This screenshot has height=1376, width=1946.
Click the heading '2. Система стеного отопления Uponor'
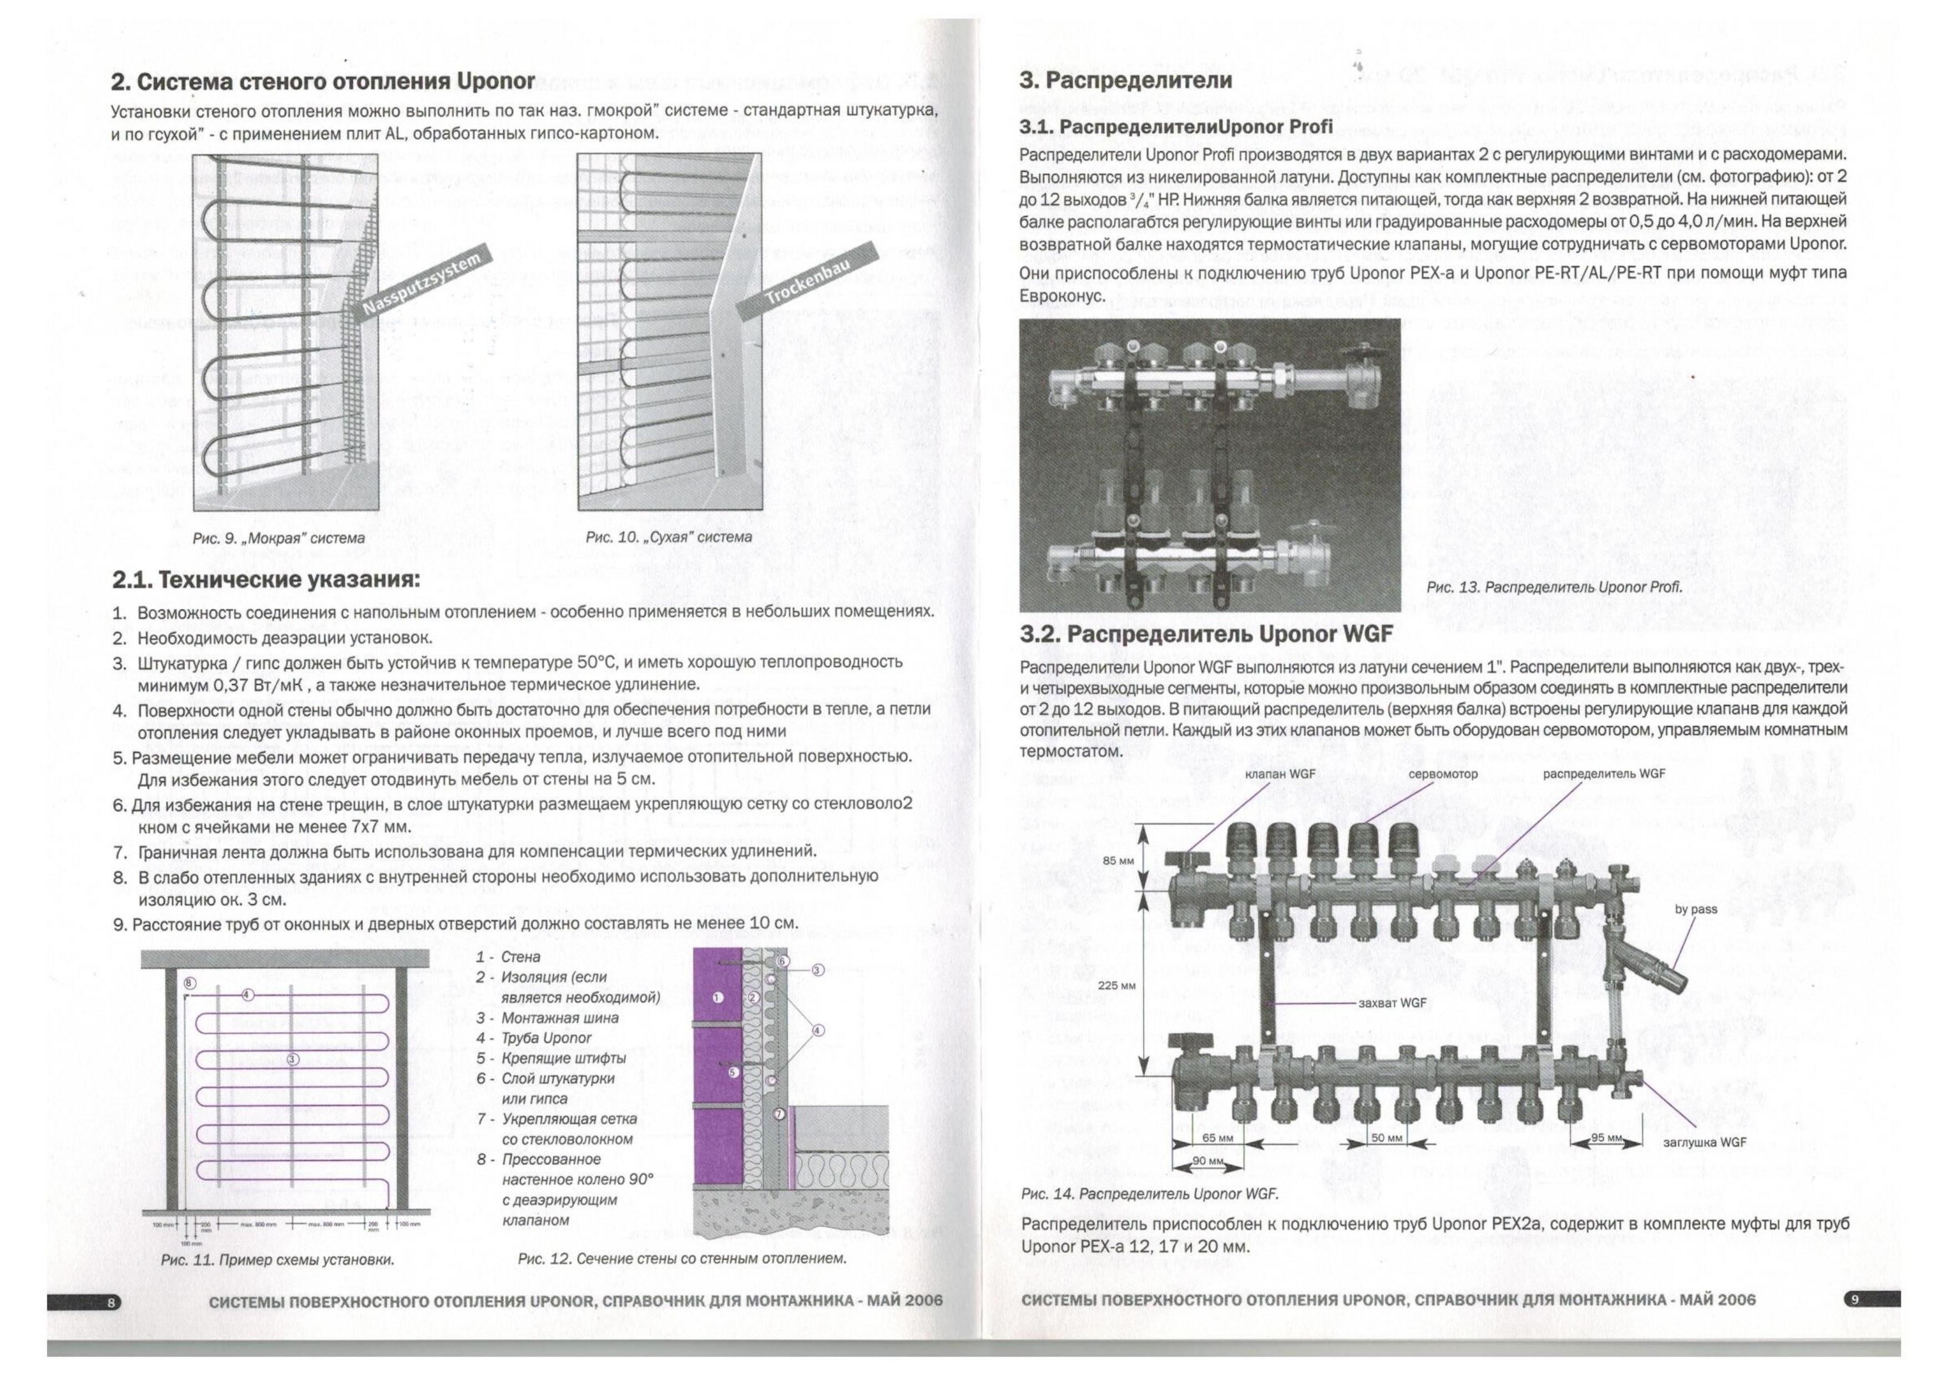tap(323, 82)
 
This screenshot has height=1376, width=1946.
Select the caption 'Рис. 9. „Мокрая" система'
tap(279, 538)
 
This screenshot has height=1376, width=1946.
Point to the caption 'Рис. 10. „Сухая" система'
tap(669, 537)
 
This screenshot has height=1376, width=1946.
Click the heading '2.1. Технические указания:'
tap(266, 581)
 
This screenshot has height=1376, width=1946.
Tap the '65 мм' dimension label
tap(1218, 1138)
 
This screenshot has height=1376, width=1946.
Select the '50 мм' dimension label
tap(1387, 1138)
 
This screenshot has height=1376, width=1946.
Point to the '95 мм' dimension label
tap(1606, 1138)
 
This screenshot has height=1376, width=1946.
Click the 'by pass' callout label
tap(1696, 909)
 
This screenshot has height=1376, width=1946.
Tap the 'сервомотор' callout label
tap(1443, 773)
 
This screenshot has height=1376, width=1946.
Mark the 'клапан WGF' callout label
tap(1281, 773)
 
